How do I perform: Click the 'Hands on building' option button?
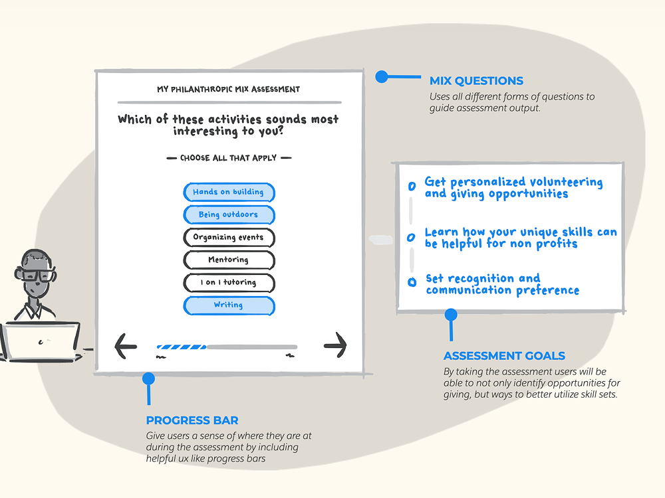[x=229, y=192]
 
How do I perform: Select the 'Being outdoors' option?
[x=229, y=215]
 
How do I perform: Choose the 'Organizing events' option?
[x=229, y=237]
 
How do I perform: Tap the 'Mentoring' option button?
[x=229, y=260]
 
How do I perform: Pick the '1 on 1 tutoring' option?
[x=229, y=282]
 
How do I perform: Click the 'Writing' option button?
[x=229, y=305]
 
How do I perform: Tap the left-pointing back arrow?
[x=126, y=345]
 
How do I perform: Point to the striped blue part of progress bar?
[x=181, y=347]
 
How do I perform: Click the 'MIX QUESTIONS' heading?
[x=476, y=81]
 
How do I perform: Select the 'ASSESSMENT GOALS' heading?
[x=504, y=356]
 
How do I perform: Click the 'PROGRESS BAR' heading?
[x=192, y=420]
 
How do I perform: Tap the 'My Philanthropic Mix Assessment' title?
[x=229, y=89]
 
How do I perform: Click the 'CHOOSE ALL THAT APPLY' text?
[x=229, y=158]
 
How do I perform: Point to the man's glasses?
[x=39, y=275]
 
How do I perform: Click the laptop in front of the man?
[x=40, y=341]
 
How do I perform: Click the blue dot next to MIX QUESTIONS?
[x=381, y=77]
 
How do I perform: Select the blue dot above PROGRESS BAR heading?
[x=148, y=379]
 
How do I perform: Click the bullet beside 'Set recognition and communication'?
[x=412, y=282]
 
